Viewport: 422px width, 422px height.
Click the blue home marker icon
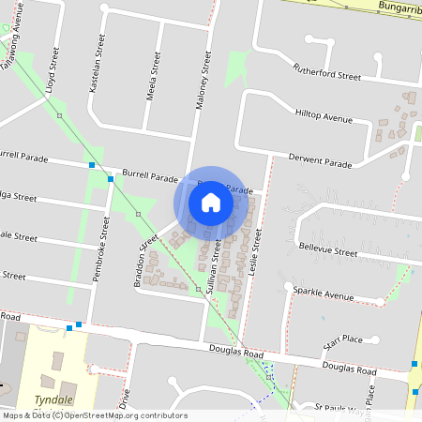[x=211, y=202]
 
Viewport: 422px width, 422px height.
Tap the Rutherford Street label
[x=326, y=72]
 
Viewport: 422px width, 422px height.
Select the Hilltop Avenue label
[x=324, y=116]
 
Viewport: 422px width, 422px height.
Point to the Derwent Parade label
[x=320, y=160]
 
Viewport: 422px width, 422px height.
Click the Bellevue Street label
[x=327, y=249]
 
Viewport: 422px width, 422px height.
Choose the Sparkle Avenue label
[x=323, y=294]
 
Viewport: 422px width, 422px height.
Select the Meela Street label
[x=154, y=69]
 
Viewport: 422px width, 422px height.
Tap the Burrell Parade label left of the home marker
[x=150, y=176]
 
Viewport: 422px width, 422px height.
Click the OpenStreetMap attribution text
[x=94, y=415]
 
